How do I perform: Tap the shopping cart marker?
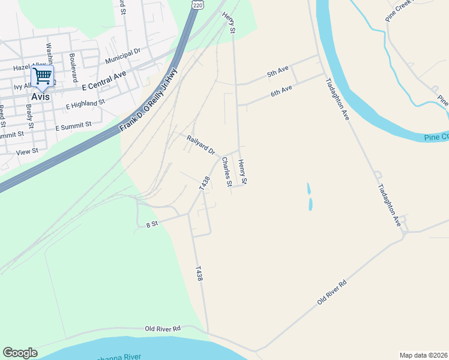click(42, 76)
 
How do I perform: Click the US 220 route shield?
click(197, 5)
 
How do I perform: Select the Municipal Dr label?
click(122, 57)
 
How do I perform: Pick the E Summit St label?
click(73, 127)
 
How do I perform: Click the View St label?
click(27, 152)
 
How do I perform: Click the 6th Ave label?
click(281, 91)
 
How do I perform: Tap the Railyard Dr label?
click(200, 145)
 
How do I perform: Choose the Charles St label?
click(226, 172)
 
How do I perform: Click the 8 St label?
click(151, 224)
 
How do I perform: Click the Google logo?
click(20, 353)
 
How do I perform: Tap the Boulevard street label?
click(73, 64)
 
